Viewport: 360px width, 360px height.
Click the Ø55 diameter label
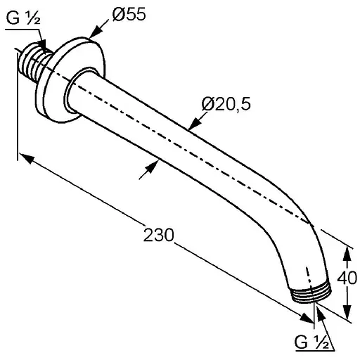tap(129, 15)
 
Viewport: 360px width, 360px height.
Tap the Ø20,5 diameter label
tap(226, 104)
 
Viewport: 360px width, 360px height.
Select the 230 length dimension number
tap(159, 235)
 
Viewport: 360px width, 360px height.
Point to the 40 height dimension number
tap(347, 278)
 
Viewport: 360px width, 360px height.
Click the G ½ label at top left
tap(23, 18)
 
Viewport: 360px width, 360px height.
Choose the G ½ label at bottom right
tap(311, 342)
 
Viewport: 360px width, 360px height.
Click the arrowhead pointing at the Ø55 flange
tap(96, 32)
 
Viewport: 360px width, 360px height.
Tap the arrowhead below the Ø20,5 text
tap(195, 124)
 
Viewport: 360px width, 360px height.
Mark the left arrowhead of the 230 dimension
tap(25, 158)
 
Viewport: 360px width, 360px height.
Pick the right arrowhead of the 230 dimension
tap(307, 318)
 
